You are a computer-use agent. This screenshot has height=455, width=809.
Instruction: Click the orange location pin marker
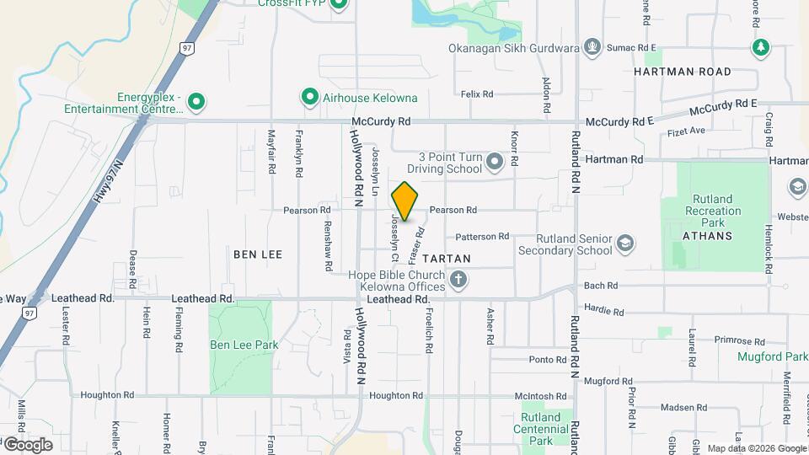[x=404, y=201]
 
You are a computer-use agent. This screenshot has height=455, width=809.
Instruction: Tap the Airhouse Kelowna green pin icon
[x=309, y=98]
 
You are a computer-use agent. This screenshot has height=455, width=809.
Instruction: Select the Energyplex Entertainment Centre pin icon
[x=196, y=103]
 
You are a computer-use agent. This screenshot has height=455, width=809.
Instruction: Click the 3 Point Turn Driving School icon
[x=494, y=160]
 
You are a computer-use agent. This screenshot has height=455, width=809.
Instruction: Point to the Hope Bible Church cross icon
[x=458, y=279]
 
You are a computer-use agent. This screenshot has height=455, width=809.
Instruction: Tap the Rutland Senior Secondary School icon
[x=624, y=244]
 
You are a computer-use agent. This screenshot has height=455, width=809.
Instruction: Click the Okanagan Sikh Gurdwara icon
[x=592, y=46]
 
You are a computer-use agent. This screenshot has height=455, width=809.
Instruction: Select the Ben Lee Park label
[x=244, y=345]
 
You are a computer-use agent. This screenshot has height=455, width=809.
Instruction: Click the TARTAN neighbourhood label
[x=446, y=258]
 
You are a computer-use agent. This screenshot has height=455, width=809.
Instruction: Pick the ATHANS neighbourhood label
[x=708, y=236]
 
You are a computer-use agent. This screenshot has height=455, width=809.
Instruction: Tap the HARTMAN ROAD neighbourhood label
[x=683, y=72]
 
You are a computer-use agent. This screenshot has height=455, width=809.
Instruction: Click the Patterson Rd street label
[x=483, y=237]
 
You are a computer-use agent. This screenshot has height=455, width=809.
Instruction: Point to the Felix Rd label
[x=477, y=94]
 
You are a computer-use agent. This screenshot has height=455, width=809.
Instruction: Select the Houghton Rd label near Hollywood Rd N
[x=394, y=395]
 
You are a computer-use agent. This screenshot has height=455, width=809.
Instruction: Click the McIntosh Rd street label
[x=541, y=395]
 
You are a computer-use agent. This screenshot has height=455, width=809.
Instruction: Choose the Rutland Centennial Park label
[x=540, y=428]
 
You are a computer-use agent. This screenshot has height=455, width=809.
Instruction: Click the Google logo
[x=28, y=445]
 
